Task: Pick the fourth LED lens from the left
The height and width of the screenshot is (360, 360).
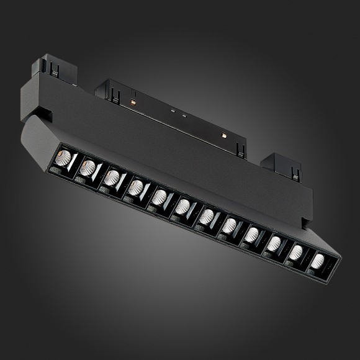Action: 137,186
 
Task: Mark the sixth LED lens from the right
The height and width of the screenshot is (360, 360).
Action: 207,216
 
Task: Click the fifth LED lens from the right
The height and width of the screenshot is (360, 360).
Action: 230,225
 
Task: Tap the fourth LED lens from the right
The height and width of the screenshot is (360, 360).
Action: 252,234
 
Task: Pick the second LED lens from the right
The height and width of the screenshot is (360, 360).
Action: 296,252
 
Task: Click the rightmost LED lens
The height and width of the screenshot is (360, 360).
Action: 318,261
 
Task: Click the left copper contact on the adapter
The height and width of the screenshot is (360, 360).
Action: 132,99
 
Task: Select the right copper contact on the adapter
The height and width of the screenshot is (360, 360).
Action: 222,133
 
